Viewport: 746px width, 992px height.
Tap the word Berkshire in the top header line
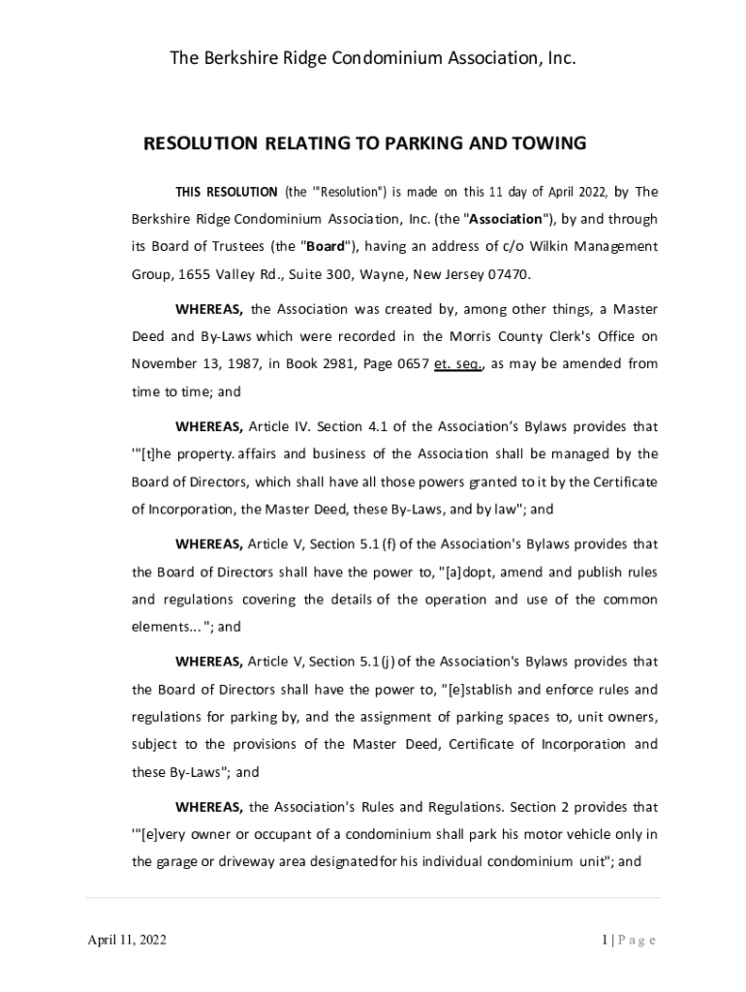(x=250, y=59)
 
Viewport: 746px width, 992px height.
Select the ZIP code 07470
(x=511, y=274)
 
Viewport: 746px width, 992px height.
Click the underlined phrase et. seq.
(x=459, y=364)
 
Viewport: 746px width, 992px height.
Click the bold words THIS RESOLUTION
(x=226, y=191)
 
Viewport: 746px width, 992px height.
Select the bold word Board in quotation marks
(x=326, y=246)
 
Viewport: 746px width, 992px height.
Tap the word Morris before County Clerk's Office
(x=471, y=336)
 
